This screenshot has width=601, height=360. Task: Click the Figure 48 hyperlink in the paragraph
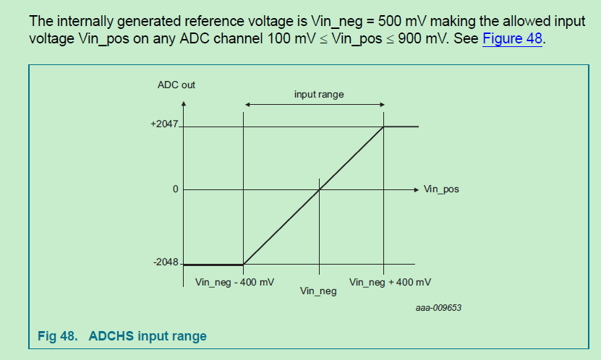512,38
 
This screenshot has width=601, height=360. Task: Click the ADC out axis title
176,85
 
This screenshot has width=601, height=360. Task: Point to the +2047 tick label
164,124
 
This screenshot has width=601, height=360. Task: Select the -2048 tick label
166,262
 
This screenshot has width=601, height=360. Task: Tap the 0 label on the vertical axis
175,189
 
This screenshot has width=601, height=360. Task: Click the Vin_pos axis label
441,189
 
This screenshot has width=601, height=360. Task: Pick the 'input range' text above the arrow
319,95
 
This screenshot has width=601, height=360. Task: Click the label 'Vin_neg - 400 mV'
235,282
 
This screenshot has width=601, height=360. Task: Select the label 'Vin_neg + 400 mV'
391,282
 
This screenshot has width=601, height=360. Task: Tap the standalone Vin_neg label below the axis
318,291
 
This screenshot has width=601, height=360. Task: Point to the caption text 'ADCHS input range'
148,336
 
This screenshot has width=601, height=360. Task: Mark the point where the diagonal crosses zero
319,189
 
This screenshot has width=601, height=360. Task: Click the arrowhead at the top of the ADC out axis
184,103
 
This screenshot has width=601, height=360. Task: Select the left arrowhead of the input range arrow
247,106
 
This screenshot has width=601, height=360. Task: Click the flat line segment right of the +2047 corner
401,127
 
